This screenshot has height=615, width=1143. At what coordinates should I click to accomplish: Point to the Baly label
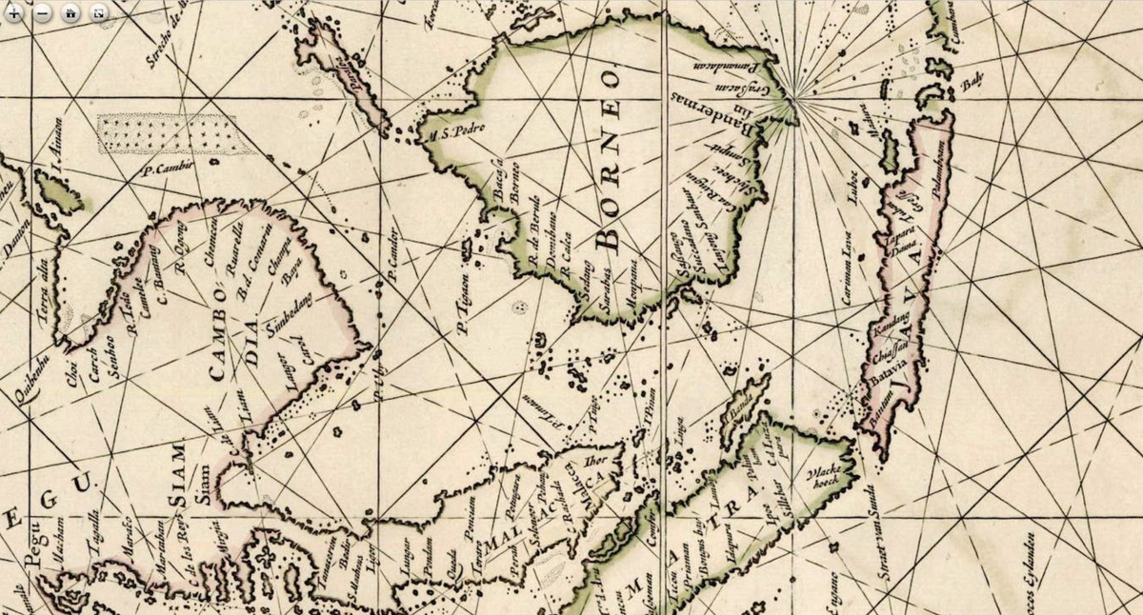[x=970, y=86]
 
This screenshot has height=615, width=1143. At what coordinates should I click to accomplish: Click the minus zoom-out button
[x=44, y=12]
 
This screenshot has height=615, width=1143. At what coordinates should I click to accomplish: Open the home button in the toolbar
[x=71, y=12]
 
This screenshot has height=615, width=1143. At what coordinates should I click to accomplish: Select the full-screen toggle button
[x=98, y=12]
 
